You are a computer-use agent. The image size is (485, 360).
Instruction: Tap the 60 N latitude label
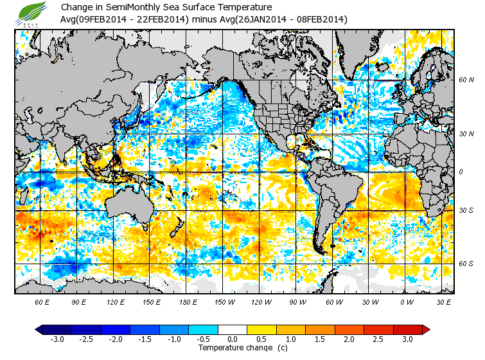[466, 80]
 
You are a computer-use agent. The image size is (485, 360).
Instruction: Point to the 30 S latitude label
[466, 211]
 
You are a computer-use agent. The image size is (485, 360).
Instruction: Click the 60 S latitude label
[466, 264]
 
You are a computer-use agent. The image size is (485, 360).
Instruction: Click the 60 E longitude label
[42, 301]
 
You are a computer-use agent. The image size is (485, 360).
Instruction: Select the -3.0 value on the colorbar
[58, 339]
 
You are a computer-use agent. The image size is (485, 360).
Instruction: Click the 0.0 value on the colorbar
[233, 339]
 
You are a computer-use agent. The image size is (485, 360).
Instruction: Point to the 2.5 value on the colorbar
[378, 339]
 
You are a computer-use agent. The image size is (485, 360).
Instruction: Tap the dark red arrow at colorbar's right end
[425, 330]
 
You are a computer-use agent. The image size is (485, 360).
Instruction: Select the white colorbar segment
[233, 330]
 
